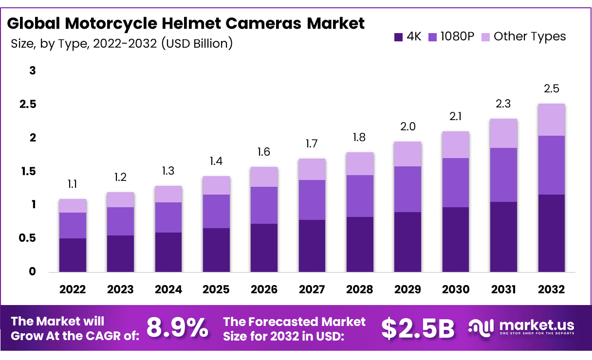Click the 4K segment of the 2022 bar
tap(73, 254)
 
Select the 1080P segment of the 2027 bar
tap(312, 200)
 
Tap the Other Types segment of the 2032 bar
tap(552, 120)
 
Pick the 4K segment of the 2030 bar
tap(456, 239)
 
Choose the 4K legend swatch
tap(399, 36)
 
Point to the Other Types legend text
tap(530, 36)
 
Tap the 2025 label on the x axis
tap(216, 289)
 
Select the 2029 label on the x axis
tap(408, 289)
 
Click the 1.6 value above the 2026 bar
tap(264, 152)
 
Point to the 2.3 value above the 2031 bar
tap(503, 104)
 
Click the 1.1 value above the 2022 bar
tap(73, 184)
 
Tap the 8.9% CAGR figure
tap(177, 328)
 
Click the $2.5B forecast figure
tap(418, 328)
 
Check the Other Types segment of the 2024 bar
tap(168, 194)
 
